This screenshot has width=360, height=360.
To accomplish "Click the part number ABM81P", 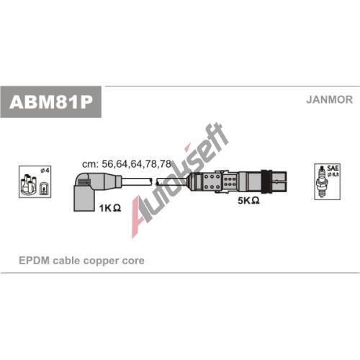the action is point(51,102).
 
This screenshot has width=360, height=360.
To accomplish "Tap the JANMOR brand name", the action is point(329,99).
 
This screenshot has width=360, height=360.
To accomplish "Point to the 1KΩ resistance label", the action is point(110,208).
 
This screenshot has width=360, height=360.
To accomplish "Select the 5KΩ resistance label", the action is point(248,200).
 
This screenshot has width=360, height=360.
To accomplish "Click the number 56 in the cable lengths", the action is point(108,164).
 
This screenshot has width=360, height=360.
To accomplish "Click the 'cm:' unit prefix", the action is point(90,164).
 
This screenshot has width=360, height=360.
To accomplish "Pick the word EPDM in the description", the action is point(34,261).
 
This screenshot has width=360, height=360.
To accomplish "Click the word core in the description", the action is point(133,261).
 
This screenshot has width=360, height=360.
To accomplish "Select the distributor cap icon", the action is point(29,185).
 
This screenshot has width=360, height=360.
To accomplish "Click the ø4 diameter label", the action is point(45,171).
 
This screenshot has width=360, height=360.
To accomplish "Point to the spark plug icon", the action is point(321,181).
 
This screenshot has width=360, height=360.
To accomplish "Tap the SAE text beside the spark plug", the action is point(333,168).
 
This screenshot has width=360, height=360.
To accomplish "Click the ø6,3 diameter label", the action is point(333,175).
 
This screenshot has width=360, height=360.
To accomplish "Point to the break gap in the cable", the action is point(154,181).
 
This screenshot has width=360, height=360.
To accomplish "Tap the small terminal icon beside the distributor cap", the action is point(43,188).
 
